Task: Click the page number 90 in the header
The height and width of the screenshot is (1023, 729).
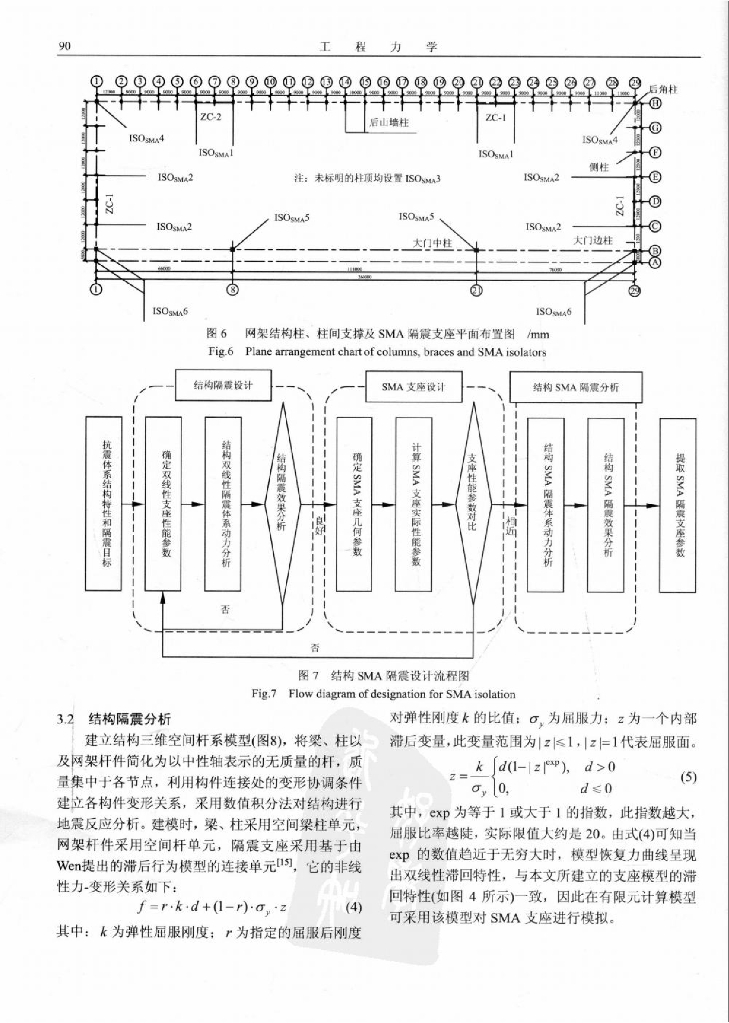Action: (63, 46)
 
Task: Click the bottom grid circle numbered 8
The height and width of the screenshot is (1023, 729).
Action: (233, 290)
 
